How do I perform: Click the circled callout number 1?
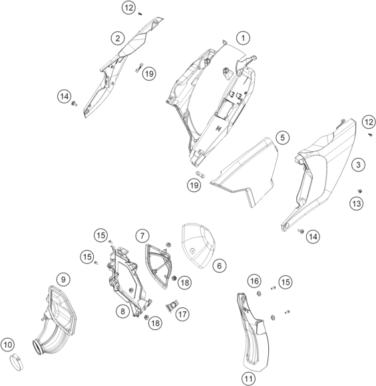point(243,38)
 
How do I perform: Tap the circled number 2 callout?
point(118,38)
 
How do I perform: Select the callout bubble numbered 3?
point(358,165)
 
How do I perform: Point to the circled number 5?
point(283,137)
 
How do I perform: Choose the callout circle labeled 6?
point(219,265)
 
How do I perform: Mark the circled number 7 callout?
point(142,235)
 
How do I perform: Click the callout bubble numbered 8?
point(122,311)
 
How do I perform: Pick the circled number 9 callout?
point(63,279)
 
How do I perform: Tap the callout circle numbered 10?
point(7,345)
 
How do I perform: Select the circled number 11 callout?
point(248,379)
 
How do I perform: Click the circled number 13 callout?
point(357,203)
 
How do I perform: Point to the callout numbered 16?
point(254,281)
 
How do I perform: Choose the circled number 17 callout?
point(182,314)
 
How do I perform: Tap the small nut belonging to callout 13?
point(360,191)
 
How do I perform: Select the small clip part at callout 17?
point(172,306)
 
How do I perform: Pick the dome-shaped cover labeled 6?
point(198,246)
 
